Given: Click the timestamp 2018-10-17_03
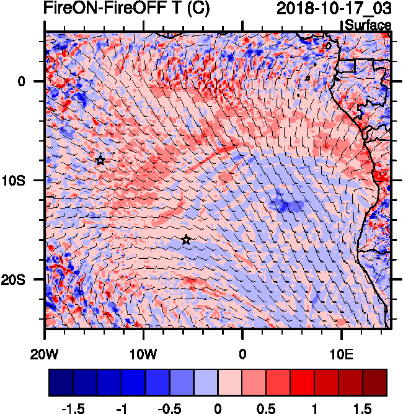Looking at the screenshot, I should [333, 9].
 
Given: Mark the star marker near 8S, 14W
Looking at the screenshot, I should [100, 160].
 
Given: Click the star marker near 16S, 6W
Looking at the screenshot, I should [186, 240].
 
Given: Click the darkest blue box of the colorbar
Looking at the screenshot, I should [61, 382].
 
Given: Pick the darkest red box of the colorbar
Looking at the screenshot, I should [375, 382].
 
